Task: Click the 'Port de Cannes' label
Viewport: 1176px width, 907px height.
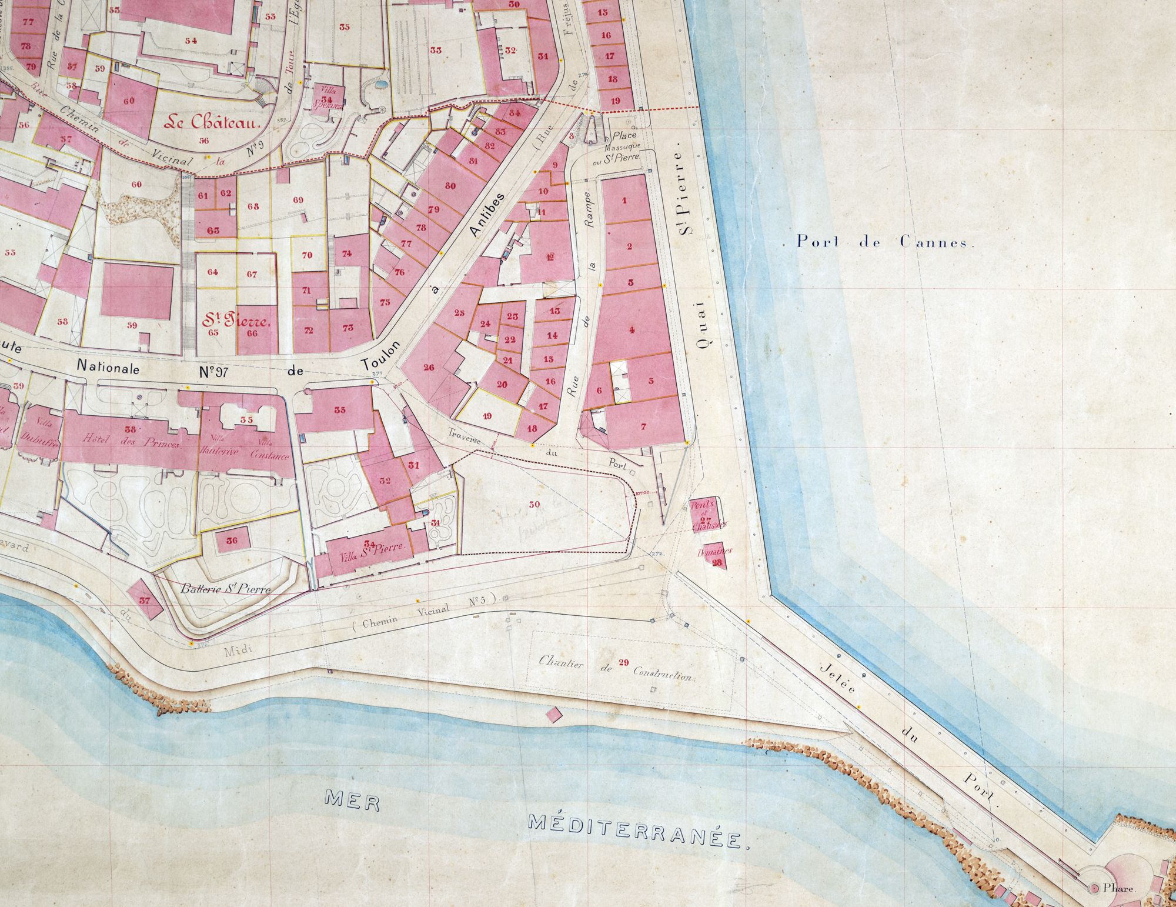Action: pyautogui.click(x=885, y=242)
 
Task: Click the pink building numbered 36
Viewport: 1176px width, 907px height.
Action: pyautogui.click(x=232, y=541)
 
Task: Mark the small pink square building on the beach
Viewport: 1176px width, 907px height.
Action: pyautogui.click(x=553, y=715)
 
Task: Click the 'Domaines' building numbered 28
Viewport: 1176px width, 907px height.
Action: pyautogui.click(x=716, y=556)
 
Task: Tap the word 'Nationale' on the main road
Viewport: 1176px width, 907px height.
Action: pyautogui.click(x=109, y=369)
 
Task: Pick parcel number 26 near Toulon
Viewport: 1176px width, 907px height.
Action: pyautogui.click(x=429, y=368)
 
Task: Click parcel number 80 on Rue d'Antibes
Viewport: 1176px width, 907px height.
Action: pyautogui.click(x=450, y=186)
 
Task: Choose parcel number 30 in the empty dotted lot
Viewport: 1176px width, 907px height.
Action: pyautogui.click(x=534, y=504)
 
